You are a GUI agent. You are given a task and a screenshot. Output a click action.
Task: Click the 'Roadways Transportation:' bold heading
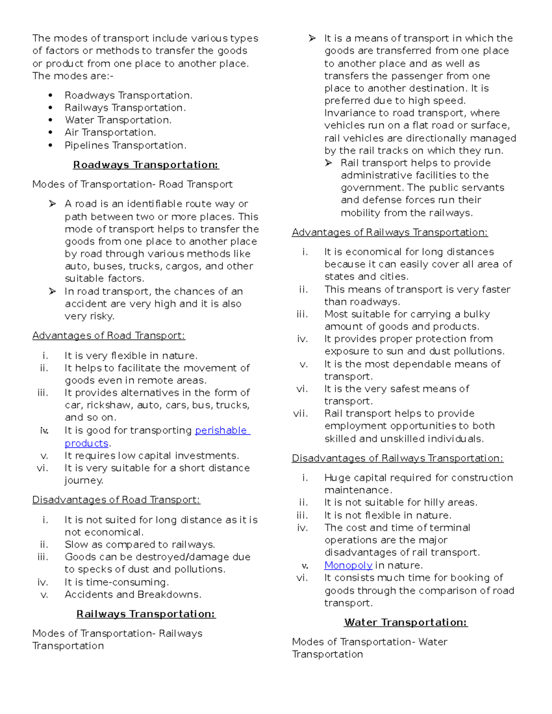[x=146, y=165]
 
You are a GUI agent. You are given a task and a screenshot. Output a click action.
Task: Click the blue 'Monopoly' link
[x=348, y=565]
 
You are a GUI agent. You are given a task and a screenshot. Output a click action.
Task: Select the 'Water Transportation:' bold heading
[x=406, y=623]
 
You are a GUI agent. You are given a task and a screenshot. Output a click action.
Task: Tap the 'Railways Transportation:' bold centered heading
[x=146, y=614]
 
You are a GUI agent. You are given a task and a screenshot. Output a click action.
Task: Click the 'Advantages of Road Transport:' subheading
[x=109, y=336]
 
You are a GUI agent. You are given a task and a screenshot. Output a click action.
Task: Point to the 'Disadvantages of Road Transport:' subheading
[x=116, y=500]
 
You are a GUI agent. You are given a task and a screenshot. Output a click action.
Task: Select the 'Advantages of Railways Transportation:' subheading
[x=390, y=233]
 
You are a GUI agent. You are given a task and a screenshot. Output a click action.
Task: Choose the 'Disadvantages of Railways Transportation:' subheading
[x=397, y=458]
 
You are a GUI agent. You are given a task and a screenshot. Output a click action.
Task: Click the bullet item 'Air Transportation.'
[x=110, y=132]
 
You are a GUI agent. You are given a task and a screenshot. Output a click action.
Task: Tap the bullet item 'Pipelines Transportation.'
[x=126, y=145]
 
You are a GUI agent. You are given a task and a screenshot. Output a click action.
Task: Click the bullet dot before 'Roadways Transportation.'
[x=50, y=96]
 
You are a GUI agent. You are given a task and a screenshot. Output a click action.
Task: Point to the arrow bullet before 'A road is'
[x=52, y=204]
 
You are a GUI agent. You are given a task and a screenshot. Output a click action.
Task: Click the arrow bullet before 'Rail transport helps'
[x=328, y=163]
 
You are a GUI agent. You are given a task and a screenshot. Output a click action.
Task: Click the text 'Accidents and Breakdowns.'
[x=133, y=594]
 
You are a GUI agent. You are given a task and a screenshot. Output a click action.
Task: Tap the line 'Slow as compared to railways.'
[x=140, y=545]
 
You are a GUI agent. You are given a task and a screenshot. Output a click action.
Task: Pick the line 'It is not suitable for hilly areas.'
[x=401, y=503]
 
